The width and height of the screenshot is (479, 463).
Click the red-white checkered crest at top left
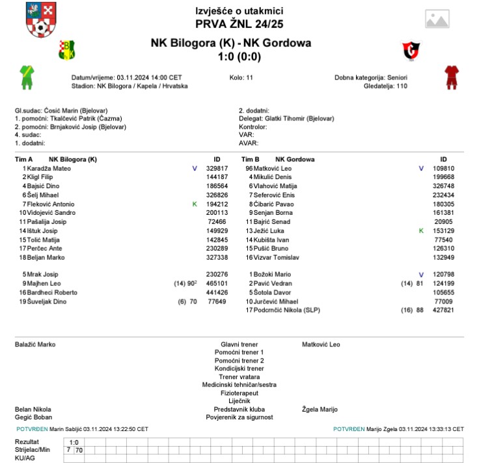tap(40, 20)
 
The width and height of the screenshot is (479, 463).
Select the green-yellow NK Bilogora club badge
tap(68, 49)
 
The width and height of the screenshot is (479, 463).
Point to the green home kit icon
tap(27, 77)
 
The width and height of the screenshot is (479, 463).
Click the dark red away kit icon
tap(452, 77)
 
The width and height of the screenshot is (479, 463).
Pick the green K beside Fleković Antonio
tap(194, 204)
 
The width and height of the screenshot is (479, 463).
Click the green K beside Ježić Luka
tap(420, 231)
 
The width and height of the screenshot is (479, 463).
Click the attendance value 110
tap(402, 86)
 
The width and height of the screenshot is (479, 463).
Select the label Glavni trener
tap(239, 344)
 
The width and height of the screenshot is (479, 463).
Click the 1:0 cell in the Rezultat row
tap(74, 442)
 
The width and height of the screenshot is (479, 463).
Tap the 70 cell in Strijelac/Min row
tap(79, 450)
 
